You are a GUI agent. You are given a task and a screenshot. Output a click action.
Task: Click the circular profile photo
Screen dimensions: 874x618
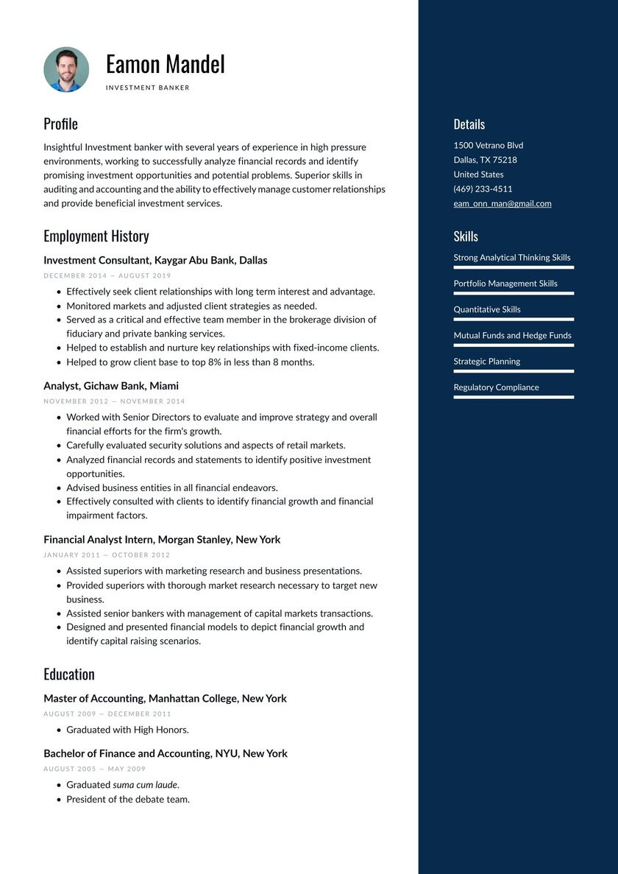(x=66, y=70)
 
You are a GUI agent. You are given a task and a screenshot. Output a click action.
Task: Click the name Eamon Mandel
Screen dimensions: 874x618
(x=165, y=65)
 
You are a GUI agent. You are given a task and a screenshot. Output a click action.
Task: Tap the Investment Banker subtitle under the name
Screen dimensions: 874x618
(x=148, y=88)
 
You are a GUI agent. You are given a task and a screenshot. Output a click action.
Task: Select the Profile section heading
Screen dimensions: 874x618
(x=60, y=124)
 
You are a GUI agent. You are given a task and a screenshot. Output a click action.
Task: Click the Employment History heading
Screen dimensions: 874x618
(x=96, y=236)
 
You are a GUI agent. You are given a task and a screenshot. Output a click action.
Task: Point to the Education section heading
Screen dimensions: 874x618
(x=69, y=674)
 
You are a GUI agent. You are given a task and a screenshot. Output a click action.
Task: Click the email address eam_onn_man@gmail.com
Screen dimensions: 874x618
(x=502, y=204)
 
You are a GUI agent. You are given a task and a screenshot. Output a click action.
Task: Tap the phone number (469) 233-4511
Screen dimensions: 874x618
(x=483, y=189)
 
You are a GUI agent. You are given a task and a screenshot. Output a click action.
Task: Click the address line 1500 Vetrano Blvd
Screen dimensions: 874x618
(x=489, y=146)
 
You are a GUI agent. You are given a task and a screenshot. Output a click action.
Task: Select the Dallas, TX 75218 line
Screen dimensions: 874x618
(x=485, y=160)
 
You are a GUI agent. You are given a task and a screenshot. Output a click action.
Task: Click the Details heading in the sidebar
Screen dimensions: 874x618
(x=469, y=124)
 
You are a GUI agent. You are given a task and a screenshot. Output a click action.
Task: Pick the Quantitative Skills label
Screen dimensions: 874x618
(x=487, y=310)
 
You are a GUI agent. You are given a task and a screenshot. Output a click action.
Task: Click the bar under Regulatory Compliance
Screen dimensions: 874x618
(x=514, y=398)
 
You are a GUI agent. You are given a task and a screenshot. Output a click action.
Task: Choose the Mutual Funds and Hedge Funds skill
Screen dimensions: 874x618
(x=512, y=336)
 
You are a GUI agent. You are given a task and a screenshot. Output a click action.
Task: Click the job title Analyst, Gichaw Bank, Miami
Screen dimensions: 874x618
(x=111, y=386)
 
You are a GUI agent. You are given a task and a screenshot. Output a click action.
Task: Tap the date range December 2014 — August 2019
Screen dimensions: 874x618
(x=107, y=275)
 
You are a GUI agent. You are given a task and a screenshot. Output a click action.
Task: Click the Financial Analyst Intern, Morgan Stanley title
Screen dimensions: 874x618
(x=162, y=540)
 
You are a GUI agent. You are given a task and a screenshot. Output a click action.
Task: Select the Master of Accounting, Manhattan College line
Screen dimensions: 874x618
(x=165, y=699)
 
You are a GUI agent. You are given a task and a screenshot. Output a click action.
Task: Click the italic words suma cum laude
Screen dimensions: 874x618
(x=145, y=785)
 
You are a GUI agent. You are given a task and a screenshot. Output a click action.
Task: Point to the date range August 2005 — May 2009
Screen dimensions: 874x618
(x=94, y=769)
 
